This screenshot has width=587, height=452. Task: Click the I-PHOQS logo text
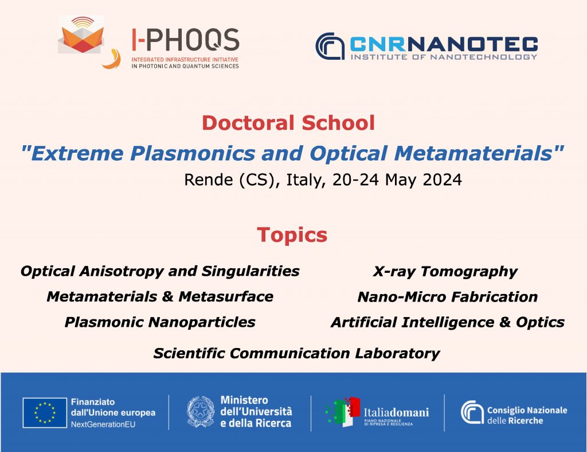coord(185,40)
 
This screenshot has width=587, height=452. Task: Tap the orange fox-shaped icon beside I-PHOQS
coord(81,35)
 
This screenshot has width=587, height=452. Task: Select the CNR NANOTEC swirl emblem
coord(330,46)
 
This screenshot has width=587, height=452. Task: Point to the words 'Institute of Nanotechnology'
coord(444,57)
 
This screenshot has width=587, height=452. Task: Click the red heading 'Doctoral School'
coord(288,123)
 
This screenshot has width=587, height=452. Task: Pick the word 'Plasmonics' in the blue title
coord(193,153)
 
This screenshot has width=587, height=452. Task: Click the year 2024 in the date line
coord(442,180)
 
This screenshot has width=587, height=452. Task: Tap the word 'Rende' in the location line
coord(209,180)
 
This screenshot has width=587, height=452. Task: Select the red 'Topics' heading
coord(292,235)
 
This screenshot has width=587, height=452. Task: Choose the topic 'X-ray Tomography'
coord(445,272)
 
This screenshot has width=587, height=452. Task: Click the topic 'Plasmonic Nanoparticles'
coord(160,322)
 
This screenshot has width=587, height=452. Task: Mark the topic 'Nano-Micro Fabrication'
coord(448,297)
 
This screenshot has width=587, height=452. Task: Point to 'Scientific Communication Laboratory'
coord(296,353)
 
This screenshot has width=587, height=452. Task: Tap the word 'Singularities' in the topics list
coord(251,271)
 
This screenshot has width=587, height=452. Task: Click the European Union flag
coord(45,412)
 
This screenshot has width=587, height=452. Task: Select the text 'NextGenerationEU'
coord(103,424)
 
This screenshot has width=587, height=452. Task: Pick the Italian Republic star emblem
coord(201,412)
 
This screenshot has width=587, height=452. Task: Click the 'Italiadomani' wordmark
coord(397,412)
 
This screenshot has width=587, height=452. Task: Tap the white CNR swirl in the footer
coord(472,412)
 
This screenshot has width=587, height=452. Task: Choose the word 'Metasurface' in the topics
coord(226,297)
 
